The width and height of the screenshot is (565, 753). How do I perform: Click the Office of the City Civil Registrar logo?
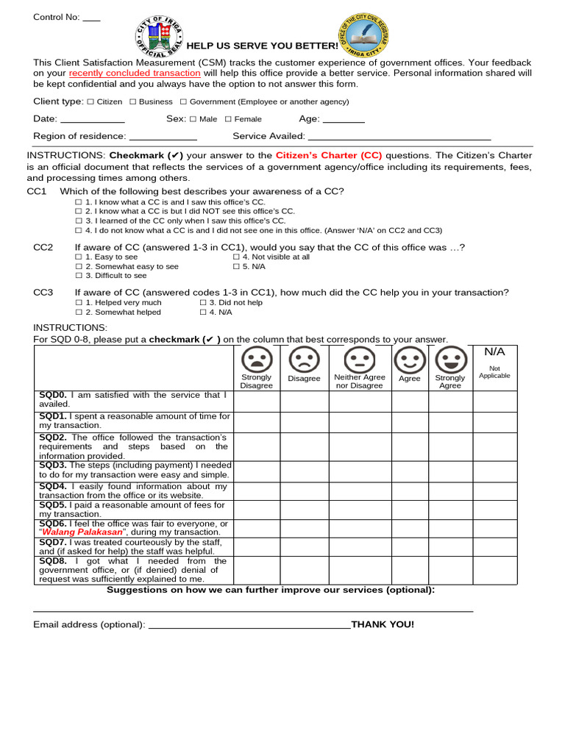363,34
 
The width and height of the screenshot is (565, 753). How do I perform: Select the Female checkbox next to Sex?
228,119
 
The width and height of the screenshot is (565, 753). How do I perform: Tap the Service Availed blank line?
399,138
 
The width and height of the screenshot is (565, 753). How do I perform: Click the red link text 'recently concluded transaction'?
135,74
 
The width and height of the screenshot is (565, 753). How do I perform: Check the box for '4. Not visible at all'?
236,257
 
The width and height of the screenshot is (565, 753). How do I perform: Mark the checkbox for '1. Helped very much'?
79,303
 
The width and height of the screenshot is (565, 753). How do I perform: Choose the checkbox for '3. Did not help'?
203,303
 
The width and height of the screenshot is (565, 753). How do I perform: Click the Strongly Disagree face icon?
256,360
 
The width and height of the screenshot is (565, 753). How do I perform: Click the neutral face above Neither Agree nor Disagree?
359,360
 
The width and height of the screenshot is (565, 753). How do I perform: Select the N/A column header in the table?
494,352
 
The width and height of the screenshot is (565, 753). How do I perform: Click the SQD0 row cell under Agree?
410,401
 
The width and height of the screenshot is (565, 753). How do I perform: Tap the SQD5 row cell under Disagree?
304,510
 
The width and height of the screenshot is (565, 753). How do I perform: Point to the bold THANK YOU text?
383,624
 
